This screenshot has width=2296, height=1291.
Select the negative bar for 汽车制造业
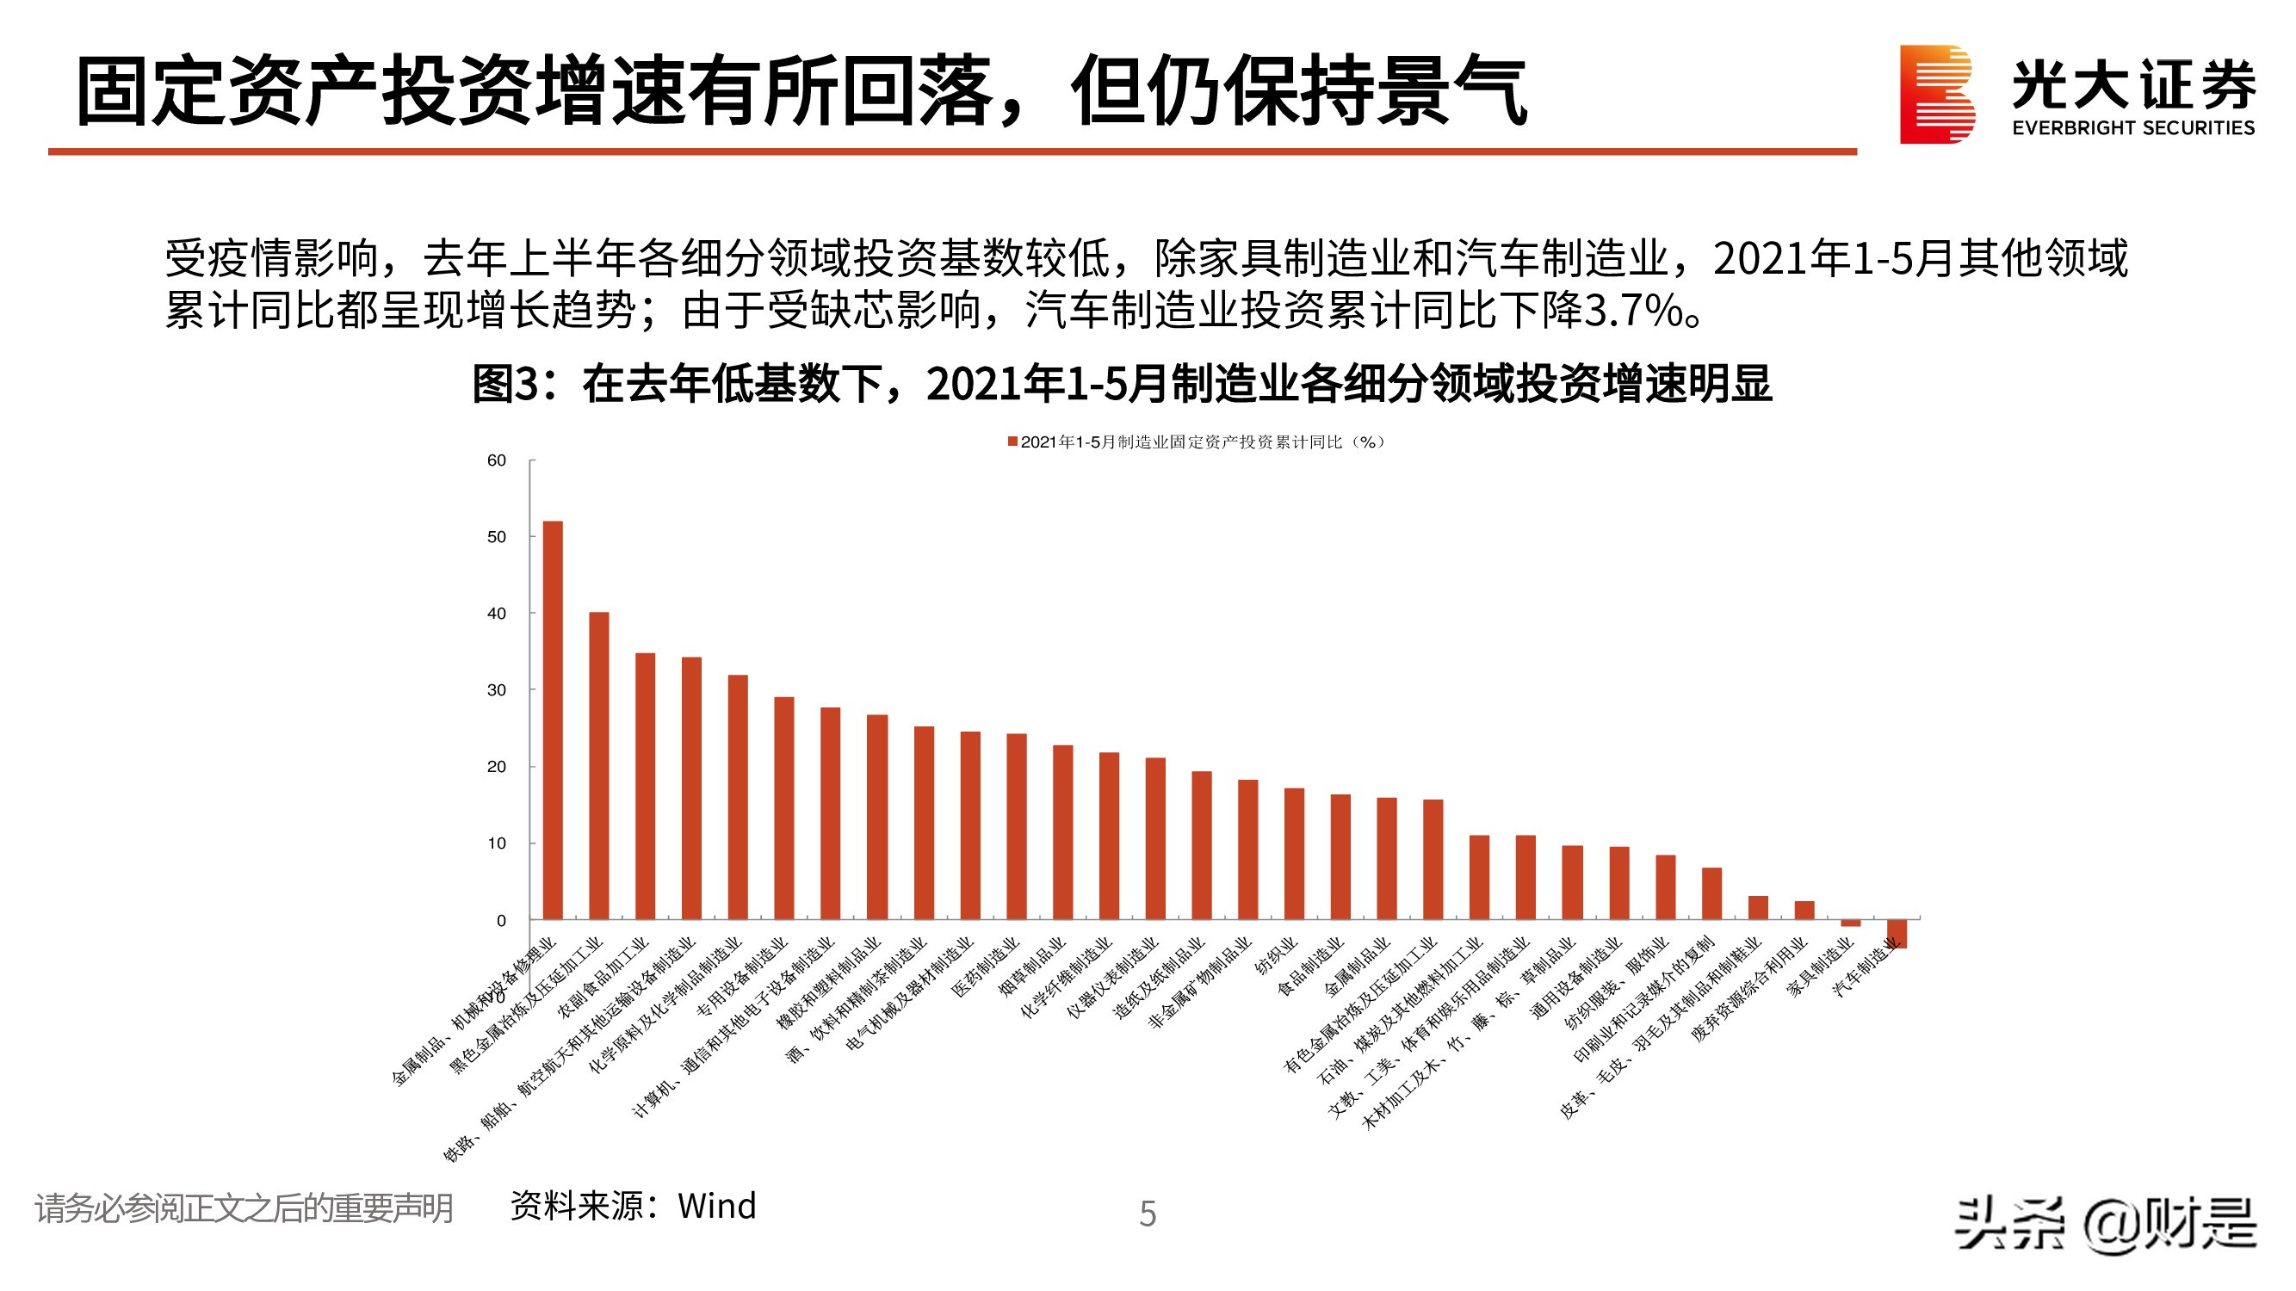point(1897,933)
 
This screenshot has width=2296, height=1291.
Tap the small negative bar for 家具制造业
point(1850,923)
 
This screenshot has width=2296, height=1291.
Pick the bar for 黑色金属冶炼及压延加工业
point(599,765)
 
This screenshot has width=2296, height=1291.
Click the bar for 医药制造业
point(1016,826)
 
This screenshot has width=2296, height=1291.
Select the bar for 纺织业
point(1294,854)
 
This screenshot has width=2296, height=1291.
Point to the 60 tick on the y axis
point(497,460)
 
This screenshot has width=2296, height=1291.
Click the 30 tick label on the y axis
point(497,690)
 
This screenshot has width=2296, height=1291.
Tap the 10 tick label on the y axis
point(497,843)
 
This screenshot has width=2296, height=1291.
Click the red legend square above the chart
point(1012,442)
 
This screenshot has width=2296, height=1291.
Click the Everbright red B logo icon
point(1936,95)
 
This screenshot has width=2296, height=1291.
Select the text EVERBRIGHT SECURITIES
point(2133,128)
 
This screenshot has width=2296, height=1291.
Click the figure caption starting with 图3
point(1121,384)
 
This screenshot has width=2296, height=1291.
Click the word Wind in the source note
point(716,1207)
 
